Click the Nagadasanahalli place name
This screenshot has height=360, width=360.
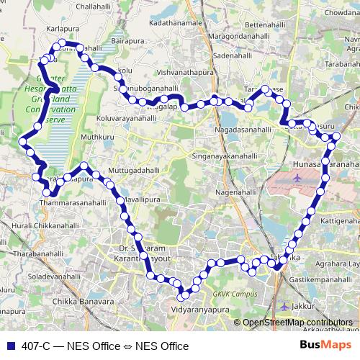pyautogui.click(x=246, y=129)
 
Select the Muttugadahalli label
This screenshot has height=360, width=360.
pyautogui.click(x=133, y=170)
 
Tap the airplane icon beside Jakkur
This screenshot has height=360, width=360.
pyautogui.click(x=284, y=306)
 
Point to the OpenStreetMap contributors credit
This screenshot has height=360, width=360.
pyautogui.click(x=297, y=323)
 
